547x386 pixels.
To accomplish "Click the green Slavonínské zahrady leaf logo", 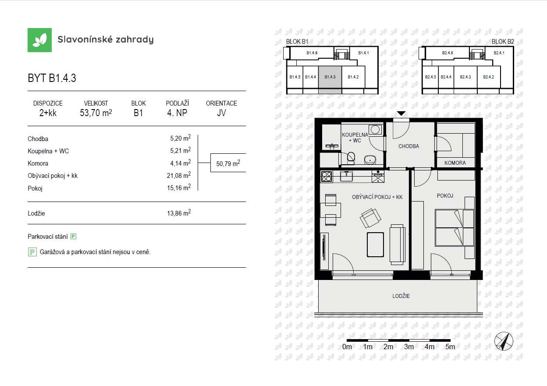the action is click(x=39, y=40).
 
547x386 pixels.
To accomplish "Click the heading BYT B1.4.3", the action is click(x=52, y=78).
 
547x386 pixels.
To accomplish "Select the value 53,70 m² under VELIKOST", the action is click(x=96, y=113).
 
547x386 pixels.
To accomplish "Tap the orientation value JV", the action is click(x=221, y=113).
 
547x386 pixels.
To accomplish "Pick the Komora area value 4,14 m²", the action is click(x=181, y=163).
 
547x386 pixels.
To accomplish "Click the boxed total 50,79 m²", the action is click(x=228, y=163).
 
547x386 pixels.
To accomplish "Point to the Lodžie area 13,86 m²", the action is click(x=179, y=213).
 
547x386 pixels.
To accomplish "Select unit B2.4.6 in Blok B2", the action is click(x=448, y=53).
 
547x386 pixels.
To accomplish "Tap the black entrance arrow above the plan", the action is click(x=401, y=113).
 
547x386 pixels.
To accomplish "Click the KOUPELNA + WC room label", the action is click(x=355, y=138).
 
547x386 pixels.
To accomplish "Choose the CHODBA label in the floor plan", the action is click(x=409, y=146).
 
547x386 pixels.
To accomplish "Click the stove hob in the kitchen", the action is click(x=327, y=177).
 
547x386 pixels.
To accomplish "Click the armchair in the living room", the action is click(x=370, y=218).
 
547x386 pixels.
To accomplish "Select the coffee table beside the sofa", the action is click(x=375, y=244).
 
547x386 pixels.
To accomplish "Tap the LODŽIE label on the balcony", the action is click(x=401, y=296).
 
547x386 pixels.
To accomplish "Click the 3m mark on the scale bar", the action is click(x=409, y=347).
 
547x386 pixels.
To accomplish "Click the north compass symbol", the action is click(x=504, y=341).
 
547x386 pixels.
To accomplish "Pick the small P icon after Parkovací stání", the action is click(x=74, y=236).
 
